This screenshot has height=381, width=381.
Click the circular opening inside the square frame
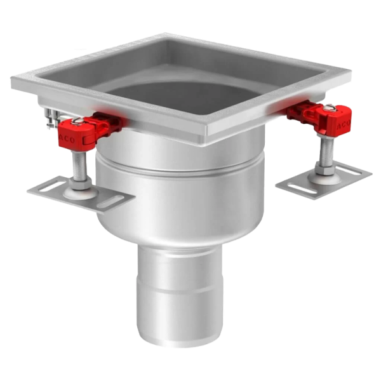coord(184,76)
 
